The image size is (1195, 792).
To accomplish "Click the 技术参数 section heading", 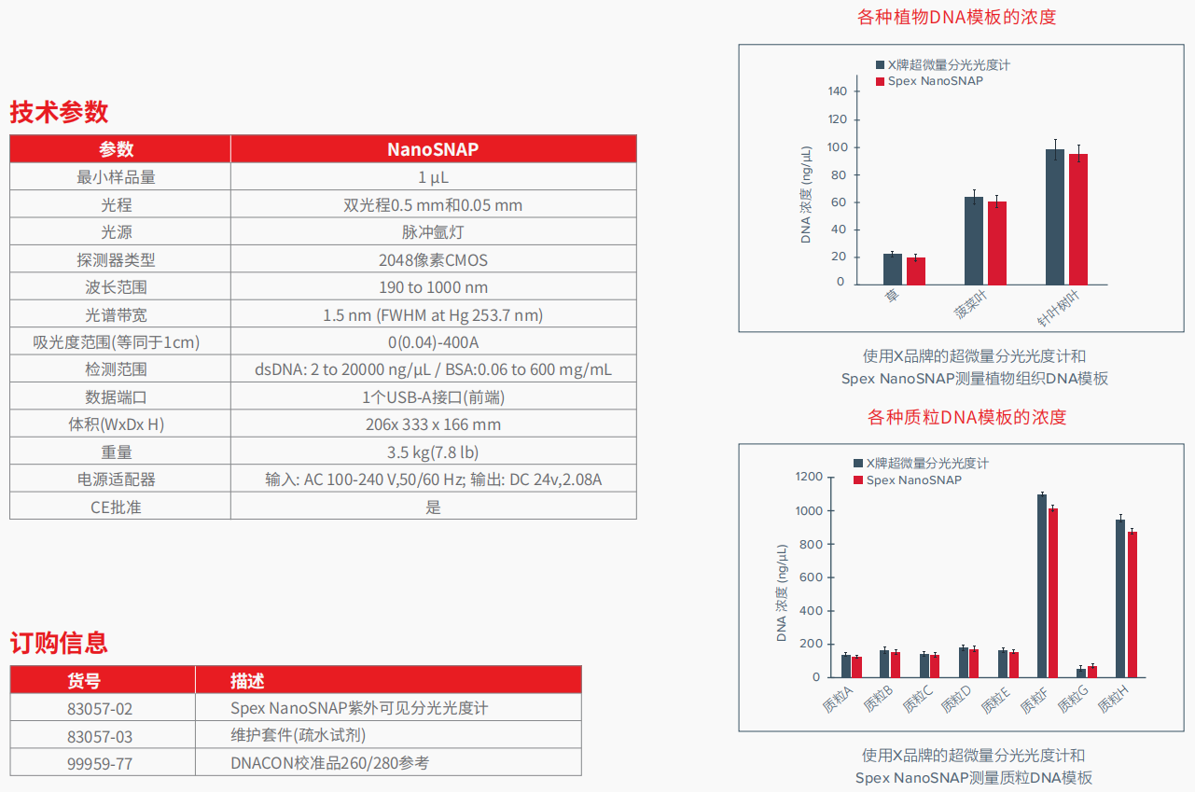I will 59,113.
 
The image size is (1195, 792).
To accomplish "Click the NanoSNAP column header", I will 433,149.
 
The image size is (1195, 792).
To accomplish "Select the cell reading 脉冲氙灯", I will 433,232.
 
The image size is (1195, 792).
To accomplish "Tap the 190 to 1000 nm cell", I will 433,287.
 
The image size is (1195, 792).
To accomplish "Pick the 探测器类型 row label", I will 117,260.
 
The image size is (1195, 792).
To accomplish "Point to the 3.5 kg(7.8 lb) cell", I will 433,452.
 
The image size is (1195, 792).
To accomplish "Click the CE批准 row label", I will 117,507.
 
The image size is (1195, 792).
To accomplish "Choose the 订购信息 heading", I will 59,643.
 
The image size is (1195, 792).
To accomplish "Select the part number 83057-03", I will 100,736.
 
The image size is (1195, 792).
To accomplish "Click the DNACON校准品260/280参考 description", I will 330,763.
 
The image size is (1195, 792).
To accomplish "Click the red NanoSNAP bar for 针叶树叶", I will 1078,219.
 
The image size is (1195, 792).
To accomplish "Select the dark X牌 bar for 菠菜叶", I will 974,241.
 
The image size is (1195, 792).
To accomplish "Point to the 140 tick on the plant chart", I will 837,91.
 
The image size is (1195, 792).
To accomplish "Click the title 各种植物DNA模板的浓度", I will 956,17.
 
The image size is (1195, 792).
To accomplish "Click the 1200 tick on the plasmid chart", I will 808,478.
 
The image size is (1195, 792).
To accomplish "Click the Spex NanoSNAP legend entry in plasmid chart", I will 913,480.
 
